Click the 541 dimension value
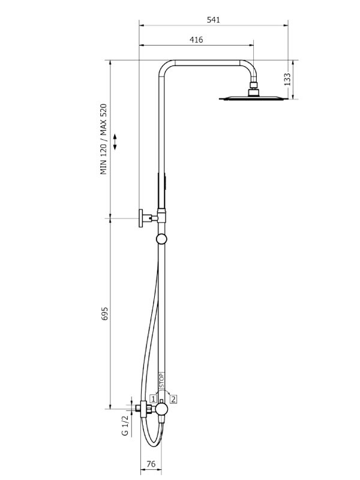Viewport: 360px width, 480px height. (x=214, y=20)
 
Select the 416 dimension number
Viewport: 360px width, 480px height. (x=196, y=40)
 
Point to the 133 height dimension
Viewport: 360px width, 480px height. (x=287, y=79)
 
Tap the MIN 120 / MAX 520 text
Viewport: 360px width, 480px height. (x=104, y=139)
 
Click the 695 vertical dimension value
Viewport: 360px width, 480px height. (x=104, y=314)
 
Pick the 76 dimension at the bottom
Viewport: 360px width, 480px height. (x=151, y=464)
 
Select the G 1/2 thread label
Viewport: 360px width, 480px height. (x=125, y=425)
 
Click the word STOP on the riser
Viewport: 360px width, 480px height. (x=162, y=380)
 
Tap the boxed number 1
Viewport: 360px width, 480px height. (x=154, y=399)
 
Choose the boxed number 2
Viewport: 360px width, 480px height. (x=173, y=399)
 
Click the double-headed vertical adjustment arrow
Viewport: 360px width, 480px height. (x=115, y=142)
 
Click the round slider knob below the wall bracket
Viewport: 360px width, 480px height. (x=161, y=239)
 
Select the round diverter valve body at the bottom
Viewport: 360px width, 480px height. (x=161, y=409)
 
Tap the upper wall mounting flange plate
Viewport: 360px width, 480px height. (x=141, y=218)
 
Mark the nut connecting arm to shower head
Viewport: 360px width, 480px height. (x=254, y=85)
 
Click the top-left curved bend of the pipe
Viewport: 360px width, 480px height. (x=164, y=67)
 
